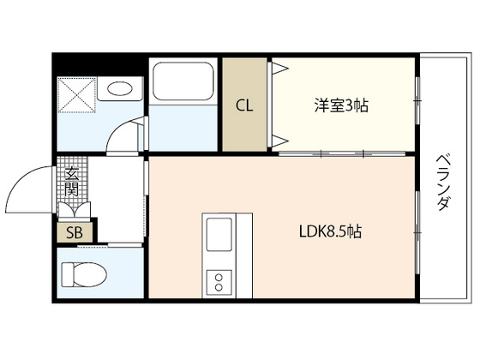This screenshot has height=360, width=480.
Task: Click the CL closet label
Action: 245,105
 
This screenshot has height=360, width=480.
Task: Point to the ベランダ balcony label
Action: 443,183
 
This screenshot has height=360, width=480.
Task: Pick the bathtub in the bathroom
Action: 184,85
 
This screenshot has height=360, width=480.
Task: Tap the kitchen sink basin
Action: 218,231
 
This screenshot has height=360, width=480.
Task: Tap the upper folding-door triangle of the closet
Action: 279,68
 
